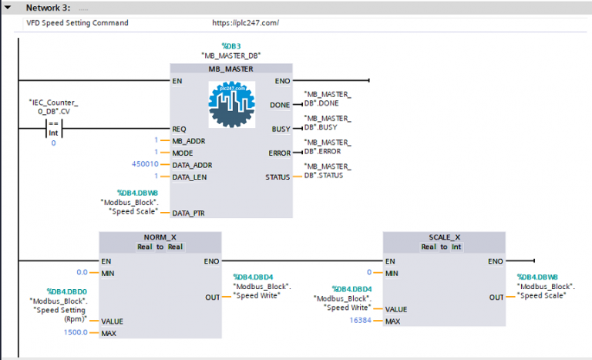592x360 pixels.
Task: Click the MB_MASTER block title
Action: click(x=231, y=69)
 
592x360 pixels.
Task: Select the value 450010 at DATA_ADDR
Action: click(x=145, y=164)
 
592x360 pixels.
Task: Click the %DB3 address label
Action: click(x=231, y=46)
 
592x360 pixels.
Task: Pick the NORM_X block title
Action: click(x=160, y=237)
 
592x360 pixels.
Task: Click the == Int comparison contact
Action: click(x=53, y=128)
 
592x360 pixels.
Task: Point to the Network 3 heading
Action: click(x=49, y=7)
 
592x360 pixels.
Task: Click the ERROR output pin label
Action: click(x=279, y=153)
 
